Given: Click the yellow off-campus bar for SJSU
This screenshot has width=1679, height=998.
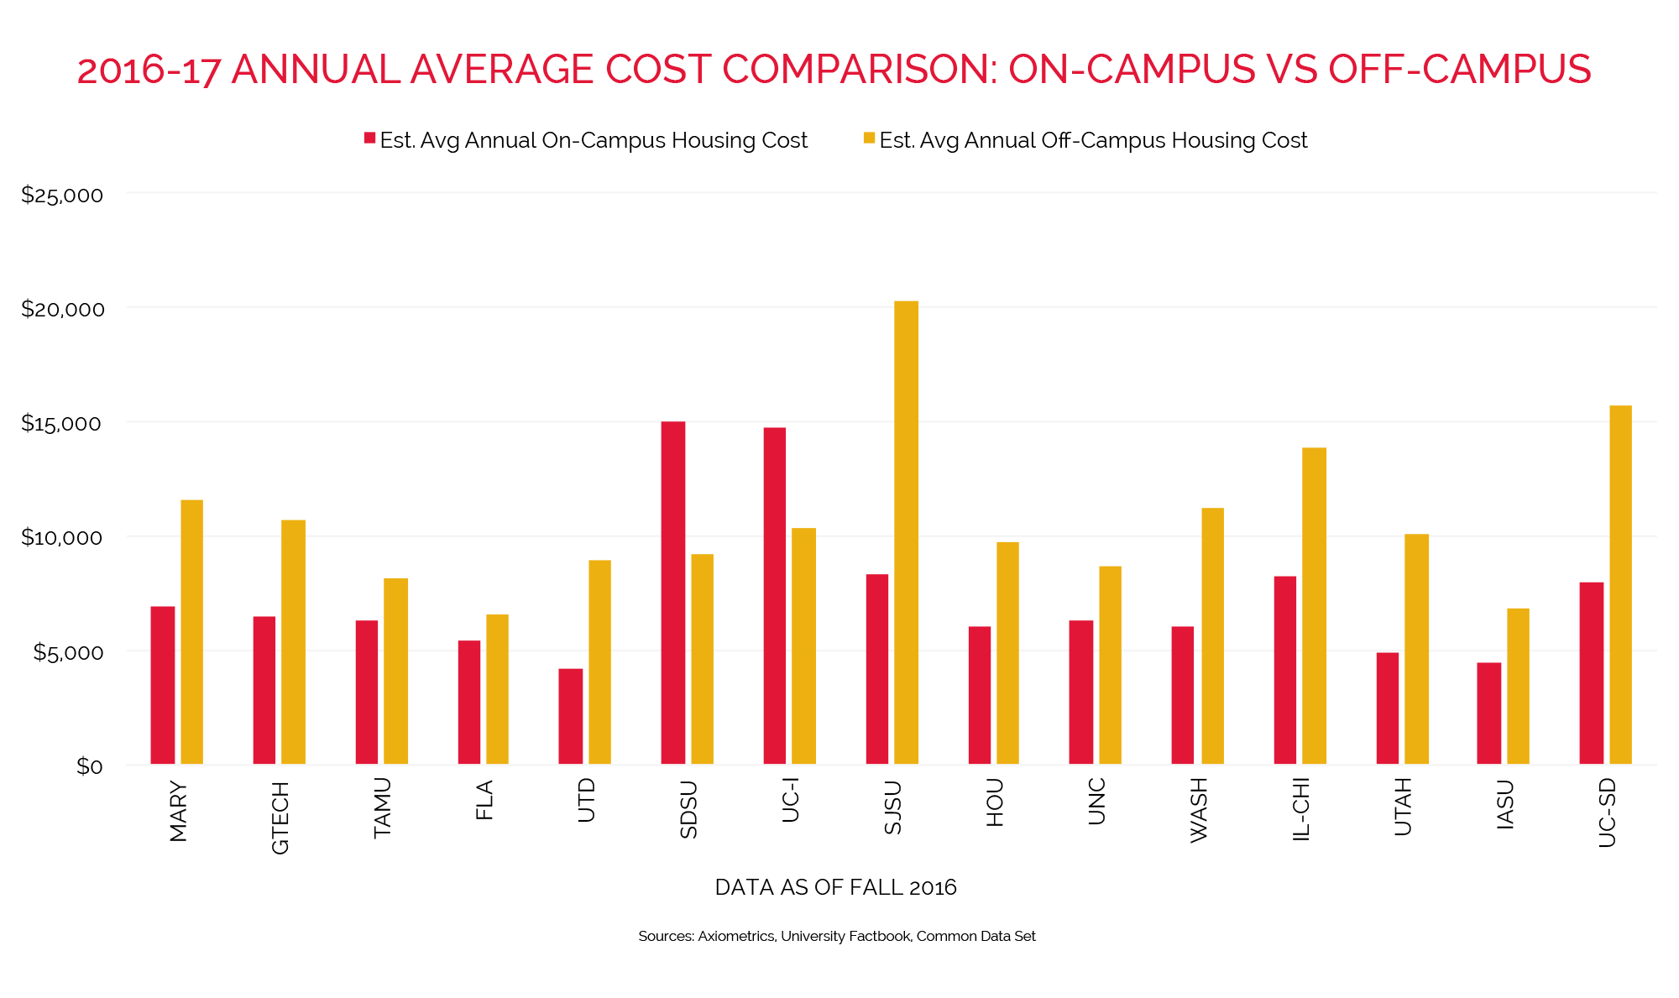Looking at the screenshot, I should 906,532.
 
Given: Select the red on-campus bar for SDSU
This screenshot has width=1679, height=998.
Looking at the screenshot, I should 672,593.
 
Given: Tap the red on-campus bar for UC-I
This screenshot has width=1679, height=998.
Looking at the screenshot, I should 775,596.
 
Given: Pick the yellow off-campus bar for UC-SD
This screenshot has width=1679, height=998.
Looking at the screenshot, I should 1620,584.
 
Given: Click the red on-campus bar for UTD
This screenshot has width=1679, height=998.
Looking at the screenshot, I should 571,716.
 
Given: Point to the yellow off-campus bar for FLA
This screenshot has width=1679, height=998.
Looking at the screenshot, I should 497,689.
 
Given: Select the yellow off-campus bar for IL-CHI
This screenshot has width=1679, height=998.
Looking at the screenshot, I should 1314,605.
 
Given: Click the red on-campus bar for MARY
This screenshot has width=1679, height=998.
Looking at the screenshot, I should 163,685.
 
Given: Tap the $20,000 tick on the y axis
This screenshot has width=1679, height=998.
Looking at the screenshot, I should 63,309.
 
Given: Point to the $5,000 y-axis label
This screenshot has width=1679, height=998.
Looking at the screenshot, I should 68,652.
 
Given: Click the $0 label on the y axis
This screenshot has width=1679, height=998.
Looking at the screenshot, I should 89,766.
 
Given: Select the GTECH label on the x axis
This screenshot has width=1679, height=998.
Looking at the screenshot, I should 280,818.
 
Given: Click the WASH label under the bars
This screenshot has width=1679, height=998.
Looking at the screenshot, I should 1199,810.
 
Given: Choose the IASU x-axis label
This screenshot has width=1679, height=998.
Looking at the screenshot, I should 1505,805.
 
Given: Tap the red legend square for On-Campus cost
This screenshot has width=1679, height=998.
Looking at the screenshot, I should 369,138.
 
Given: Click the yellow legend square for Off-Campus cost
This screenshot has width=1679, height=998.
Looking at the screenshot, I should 869,138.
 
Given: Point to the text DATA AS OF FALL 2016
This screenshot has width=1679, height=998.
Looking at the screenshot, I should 835,887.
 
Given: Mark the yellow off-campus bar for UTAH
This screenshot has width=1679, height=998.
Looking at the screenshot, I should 1416,649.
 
